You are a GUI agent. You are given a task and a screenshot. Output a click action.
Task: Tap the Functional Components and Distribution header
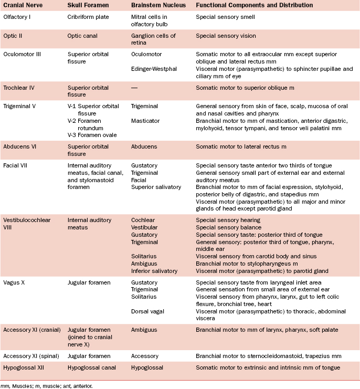(254, 5)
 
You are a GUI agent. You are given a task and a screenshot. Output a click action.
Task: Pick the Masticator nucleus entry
(146, 121)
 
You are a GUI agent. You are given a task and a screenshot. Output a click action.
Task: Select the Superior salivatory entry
(156, 186)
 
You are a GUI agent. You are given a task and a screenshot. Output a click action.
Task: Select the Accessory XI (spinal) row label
(30, 356)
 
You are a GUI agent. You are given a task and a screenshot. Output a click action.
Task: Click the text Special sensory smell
(226, 17)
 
